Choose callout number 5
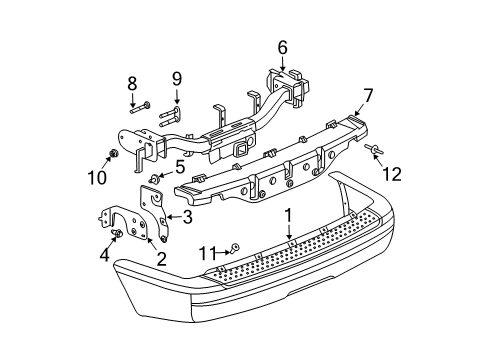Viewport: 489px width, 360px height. (179, 167)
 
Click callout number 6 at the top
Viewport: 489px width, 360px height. (282, 46)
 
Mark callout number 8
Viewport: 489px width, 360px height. (131, 83)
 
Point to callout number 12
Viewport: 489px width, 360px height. (392, 174)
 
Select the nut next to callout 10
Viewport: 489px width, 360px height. (112, 156)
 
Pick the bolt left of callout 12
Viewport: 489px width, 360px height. (374, 151)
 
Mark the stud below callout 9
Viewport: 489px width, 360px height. (177, 112)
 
